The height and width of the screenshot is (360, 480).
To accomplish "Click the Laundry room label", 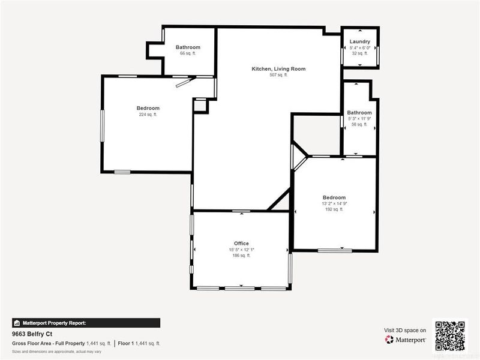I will (x=360, y=41).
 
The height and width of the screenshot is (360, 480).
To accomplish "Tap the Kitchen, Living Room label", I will (x=278, y=69).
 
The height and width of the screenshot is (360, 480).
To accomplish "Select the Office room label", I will (x=241, y=244).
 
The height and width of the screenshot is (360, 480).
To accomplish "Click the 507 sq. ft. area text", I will (x=278, y=75).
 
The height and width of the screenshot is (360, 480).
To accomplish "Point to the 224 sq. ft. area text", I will (x=148, y=114).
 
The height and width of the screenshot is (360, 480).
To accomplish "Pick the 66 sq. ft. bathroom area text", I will (x=188, y=53).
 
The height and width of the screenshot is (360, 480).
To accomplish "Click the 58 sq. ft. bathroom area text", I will (x=359, y=124).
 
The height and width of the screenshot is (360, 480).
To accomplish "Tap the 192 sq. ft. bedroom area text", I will (x=334, y=209).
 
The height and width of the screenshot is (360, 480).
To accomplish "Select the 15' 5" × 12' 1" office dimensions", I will (x=241, y=250).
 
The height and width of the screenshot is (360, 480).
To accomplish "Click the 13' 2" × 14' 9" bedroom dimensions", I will (x=334, y=203).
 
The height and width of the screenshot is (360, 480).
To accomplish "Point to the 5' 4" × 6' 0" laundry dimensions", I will (x=360, y=47).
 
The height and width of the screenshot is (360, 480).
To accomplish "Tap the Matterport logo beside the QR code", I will (x=406, y=340).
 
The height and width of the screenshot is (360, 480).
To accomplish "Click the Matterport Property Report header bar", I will (x=86, y=322).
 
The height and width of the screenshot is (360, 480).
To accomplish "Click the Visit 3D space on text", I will (x=405, y=330).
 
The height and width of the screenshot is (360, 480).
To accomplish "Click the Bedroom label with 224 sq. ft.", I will (x=148, y=108).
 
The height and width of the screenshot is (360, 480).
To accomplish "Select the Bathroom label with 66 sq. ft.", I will (x=188, y=47).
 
